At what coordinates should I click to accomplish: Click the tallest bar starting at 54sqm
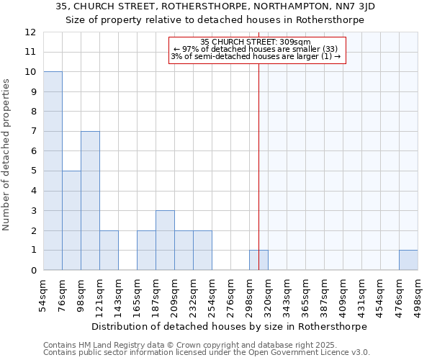pyautogui.click(x=53, y=171)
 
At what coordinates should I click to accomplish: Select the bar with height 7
pyautogui.click(x=90, y=201)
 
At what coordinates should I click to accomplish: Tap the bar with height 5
pyautogui.click(x=71, y=220)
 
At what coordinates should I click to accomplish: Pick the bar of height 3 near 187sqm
pyautogui.click(x=165, y=240)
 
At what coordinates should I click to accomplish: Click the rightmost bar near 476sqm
pyautogui.click(x=408, y=260)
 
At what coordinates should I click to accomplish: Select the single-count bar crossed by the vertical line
pyautogui.click(x=258, y=260)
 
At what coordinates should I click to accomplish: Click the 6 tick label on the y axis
pyautogui.click(x=33, y=151)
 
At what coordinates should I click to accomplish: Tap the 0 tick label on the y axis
pyautogui.click(x=33, y=271)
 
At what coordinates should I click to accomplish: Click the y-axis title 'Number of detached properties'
pyautogui.click(x=7, y=155)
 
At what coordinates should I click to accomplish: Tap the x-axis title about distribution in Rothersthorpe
pyautogui.click(x=230, y=326)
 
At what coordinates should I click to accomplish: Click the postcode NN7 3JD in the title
pyautogui.click(x=349, y=6)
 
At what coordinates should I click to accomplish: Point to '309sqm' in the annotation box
pyautogui.click(x=297, y=42)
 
